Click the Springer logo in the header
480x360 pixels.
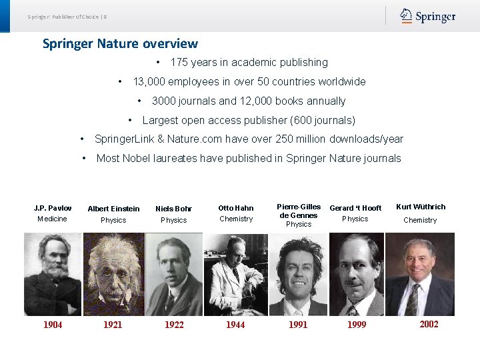pos(428,16)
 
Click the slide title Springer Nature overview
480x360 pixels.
pos(120,44)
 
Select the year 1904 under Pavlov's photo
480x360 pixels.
pos(53,325)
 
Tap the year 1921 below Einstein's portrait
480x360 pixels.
pos(113,325)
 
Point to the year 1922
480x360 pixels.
pos(174,325)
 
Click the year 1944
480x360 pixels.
pos(235,325)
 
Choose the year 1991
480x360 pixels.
pos(298,325)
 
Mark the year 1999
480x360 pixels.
pos(357,325)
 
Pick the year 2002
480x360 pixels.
pos(429,324)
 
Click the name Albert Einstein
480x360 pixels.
pos(113,209)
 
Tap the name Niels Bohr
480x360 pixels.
pos(173,209)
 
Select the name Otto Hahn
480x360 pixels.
pos(236,208)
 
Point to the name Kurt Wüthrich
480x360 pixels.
pos(421,207)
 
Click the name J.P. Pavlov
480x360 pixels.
pos(53,208)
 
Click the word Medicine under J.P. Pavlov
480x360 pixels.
pos(52,219)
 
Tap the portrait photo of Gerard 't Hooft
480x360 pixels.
pos(357,274)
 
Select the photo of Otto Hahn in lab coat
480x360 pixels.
pos(236,274)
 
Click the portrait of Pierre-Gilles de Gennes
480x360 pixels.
pos(298,274)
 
